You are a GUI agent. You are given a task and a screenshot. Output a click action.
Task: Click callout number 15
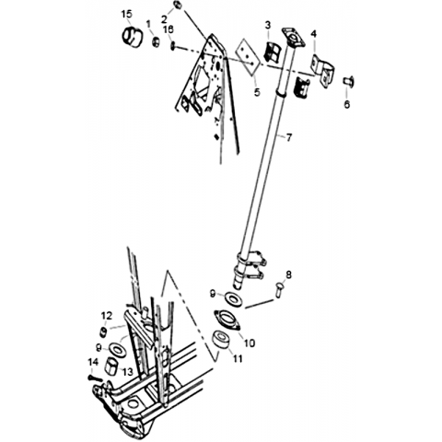tap(126, 14)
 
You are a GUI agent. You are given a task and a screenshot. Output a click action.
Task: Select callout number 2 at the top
tap(164, 19)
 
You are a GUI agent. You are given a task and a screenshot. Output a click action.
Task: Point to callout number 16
tap(169, 29)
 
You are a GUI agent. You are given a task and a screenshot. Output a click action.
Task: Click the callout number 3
tap(268, 25)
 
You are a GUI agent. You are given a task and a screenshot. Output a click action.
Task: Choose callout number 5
tap(257, 92)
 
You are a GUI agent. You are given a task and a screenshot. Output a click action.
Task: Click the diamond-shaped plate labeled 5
tap(248, 57)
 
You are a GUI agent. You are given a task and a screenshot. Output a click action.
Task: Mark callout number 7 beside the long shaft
tap(289, 137)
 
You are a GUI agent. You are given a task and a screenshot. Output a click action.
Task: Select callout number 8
tap(288, 274)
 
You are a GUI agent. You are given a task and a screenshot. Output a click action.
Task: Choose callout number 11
tap(237, 358)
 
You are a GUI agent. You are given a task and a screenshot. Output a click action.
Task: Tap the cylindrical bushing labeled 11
tap(220, 340)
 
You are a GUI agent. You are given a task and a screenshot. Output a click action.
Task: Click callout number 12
tap(107, 316)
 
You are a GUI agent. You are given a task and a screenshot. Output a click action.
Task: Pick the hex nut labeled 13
tap(111, 366)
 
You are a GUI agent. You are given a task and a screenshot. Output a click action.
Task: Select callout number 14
tap(93, 362)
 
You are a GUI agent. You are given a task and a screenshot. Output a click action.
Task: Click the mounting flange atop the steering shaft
tap(293, 37)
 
